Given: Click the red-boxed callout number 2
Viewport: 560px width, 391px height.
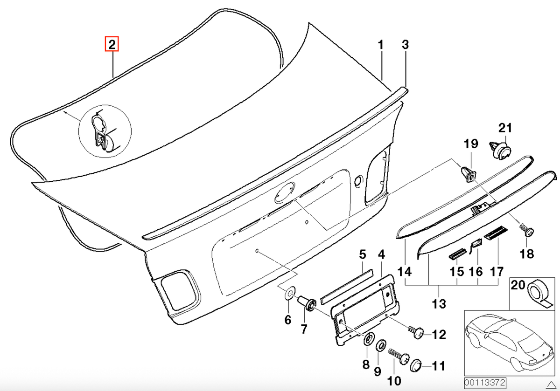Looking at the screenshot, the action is coord(112,44).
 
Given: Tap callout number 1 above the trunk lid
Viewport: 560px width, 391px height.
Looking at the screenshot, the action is coord(380,45).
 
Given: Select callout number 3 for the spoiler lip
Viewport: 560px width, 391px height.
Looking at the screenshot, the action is coord(405,45).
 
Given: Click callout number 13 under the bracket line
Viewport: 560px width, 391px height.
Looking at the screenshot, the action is coord(439,304).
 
